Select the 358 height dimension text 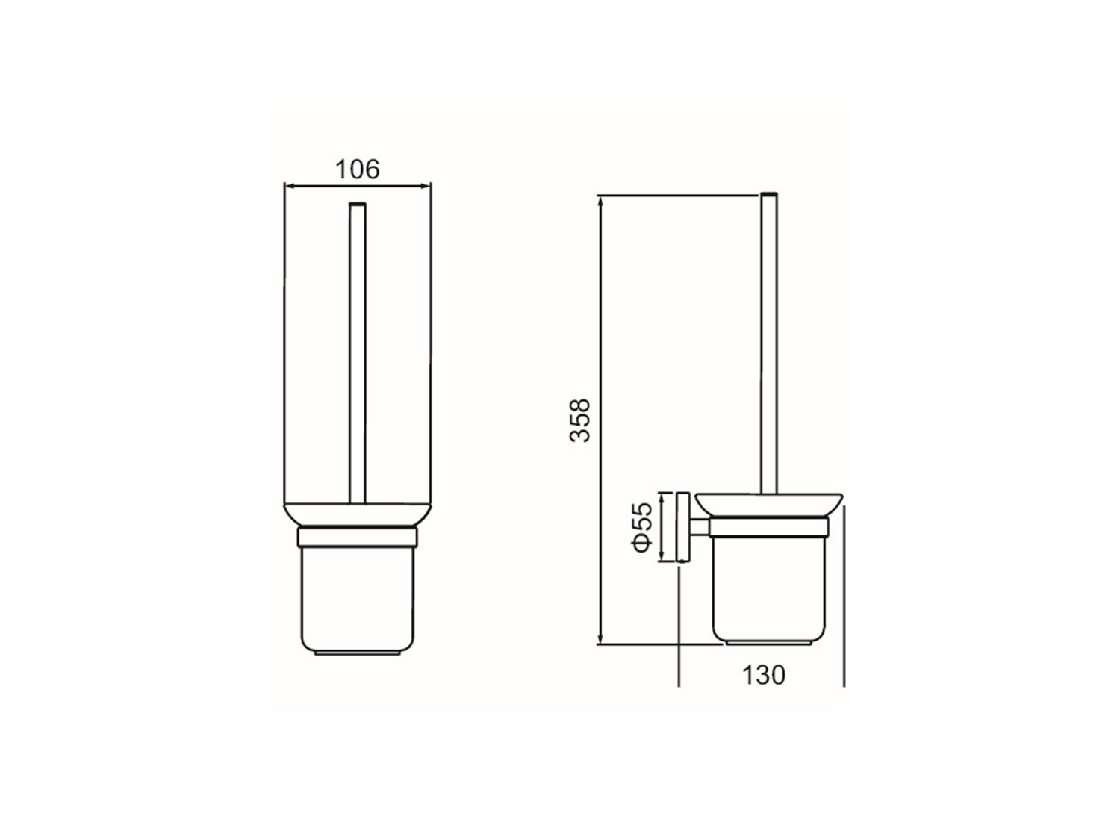click(580, 420)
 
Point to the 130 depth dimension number click(763, 675)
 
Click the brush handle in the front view click(358, 354)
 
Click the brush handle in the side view click(769, 343)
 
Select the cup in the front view click(358, 600)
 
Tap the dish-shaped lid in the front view click(358, 515)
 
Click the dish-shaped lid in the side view click(769, 505)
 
